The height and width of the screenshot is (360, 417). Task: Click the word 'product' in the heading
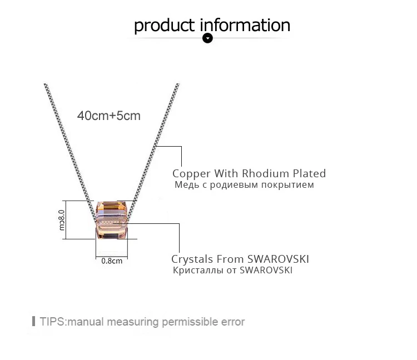(164, 26)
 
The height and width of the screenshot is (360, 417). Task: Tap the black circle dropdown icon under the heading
(208, 38)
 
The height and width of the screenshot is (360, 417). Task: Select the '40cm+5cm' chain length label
(109, 116)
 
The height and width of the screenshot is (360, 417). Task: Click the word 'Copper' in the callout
(191, 174)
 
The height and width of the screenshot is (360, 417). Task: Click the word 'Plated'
(309, 173)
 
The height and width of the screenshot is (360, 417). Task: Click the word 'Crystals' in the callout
(192, 259)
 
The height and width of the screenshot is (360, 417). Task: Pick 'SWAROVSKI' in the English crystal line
(278, 259)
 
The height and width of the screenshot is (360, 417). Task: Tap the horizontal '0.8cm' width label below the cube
(112, 261)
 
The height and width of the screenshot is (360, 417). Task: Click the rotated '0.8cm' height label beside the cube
(61, 220)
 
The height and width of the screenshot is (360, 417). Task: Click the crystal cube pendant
(112, 219)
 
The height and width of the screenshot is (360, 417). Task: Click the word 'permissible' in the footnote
(190, 322)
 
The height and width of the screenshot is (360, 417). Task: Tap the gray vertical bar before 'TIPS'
(33, 321)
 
